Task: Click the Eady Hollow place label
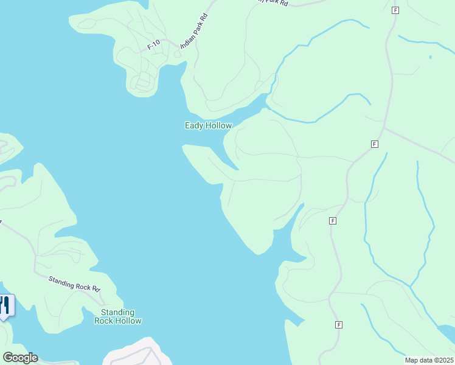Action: (208, 125)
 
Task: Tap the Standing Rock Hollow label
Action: (118, 316)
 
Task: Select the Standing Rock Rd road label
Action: (74, 283)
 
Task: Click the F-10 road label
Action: (154, 44)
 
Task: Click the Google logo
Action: (20, 358)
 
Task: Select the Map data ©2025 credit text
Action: (429, 360)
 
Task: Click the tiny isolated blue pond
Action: (430, 57)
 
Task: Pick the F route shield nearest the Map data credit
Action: (339, 325)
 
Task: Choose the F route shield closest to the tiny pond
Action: (395, 10)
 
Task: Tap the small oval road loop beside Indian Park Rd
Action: (177, 54)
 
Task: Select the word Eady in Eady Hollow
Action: (193, 125)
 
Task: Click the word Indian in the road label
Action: (188, 40)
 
